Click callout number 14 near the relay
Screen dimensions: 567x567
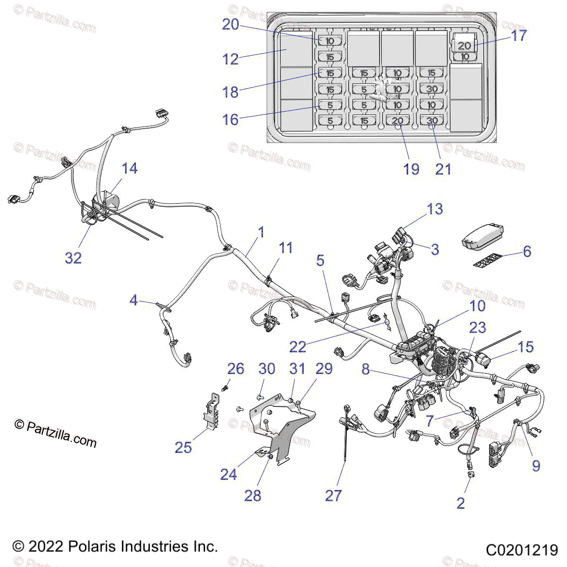point(129,169)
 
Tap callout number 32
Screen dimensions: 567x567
point(73,258)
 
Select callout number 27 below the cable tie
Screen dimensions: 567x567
point(333,496)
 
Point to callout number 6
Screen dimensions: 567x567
point(527,251)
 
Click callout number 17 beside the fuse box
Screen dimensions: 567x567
point(519,35)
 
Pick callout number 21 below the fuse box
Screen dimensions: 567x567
point(443,169)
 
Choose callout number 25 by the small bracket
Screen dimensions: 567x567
point(183,447)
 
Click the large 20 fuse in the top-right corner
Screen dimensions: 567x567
point(464,45)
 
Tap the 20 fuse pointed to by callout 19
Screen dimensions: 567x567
point(398,120)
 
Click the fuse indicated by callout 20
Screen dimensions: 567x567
point(330,41)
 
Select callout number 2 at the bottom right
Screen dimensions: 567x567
point(461,503)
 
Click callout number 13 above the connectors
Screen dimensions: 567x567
point(435,209)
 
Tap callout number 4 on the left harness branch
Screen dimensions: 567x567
point(134,300)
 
